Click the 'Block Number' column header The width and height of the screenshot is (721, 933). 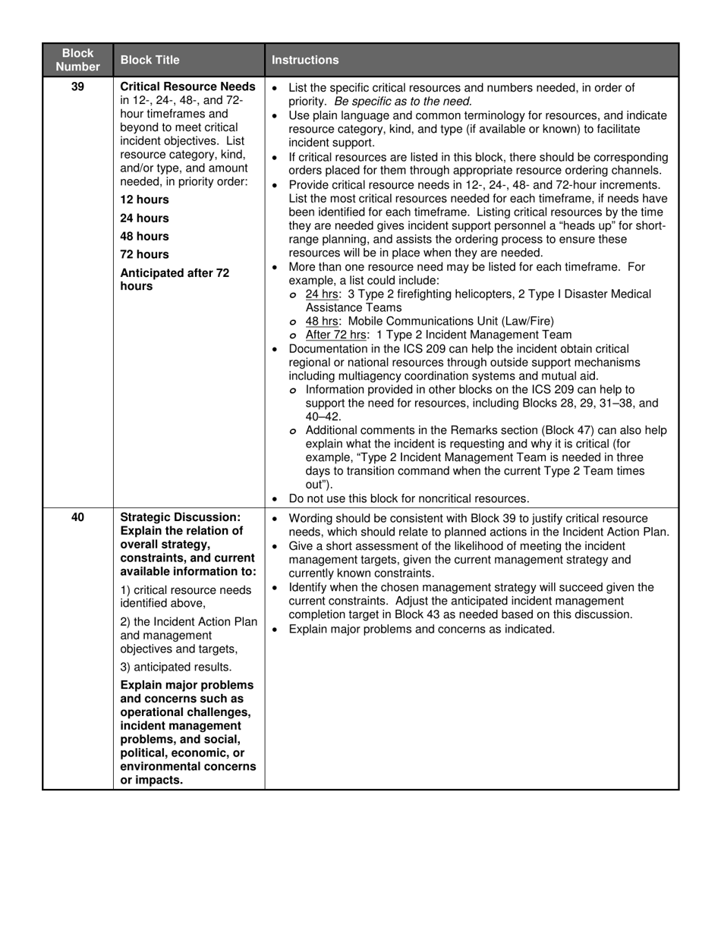(77, 60)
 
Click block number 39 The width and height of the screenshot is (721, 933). (77, 87)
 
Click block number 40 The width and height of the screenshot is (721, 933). (77, 517)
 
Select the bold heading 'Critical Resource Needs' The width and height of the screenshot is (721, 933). (187, 87)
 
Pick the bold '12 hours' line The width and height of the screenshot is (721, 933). (145, 199)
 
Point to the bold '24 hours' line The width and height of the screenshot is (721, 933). (145, 218)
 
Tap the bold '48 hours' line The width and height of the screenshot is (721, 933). (145, 236)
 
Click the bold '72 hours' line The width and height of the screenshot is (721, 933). (145, 254)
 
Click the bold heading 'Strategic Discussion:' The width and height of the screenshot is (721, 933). (180, 517)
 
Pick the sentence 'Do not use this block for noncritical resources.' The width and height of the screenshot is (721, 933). (409, 498)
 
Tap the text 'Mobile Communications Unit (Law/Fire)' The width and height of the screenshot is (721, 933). (451, 321)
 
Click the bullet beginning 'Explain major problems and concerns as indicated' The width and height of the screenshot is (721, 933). (421, 629)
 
